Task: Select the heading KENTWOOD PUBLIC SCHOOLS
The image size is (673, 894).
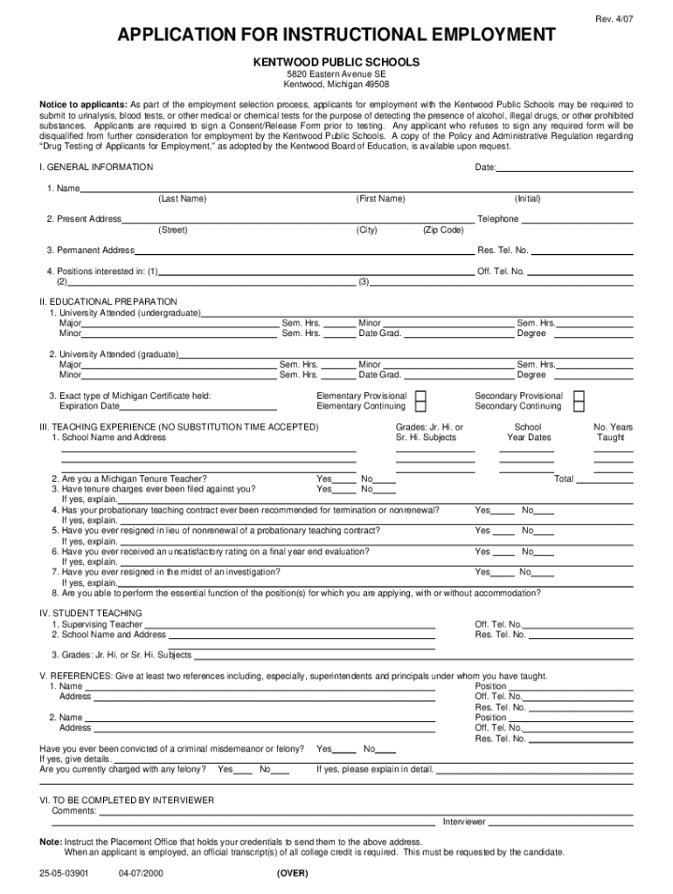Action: click(336, 62)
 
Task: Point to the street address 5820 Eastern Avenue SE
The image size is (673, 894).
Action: click(336, 75)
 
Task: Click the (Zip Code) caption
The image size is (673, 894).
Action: click(443, 230)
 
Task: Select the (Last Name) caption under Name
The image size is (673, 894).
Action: click(183, 199)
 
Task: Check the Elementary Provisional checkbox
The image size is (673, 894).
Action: click(421, 396)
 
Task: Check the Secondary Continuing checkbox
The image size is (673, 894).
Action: click(579, 407)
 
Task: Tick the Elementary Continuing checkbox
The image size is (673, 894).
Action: click(421, 407)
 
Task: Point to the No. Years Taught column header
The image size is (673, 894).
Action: click(613, 432)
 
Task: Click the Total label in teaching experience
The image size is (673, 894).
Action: click(564, 479)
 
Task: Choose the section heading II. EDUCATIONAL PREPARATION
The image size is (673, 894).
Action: click(108, 301)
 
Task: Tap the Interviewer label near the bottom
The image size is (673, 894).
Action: click(464, 822)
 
